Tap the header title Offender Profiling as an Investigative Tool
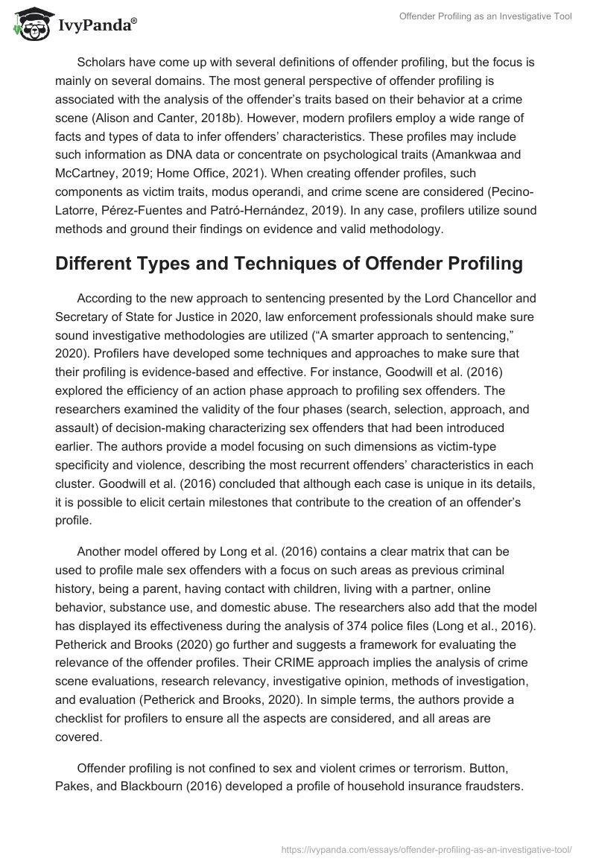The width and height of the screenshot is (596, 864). pos(485,16)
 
